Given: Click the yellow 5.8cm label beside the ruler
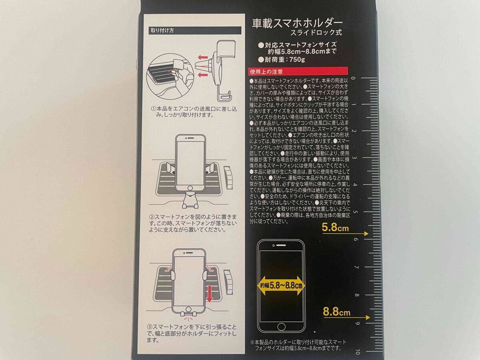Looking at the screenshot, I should pos(336,228).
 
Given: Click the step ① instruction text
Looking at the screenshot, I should pos(182,111).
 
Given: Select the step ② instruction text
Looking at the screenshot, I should pos(190,223).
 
